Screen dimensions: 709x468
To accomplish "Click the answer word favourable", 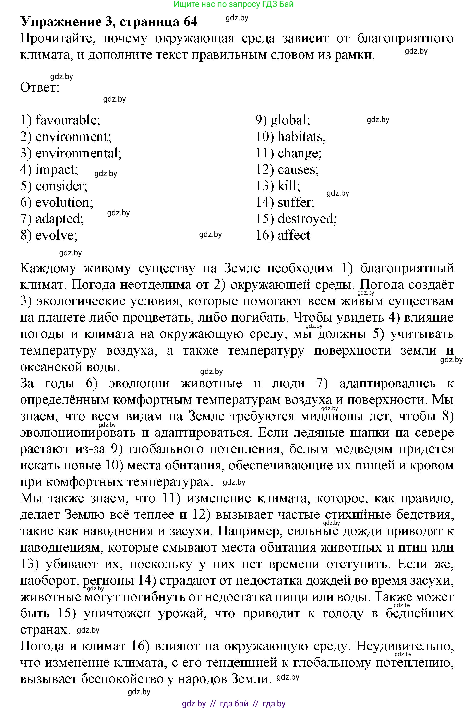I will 67,120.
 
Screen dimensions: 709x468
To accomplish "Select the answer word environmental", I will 78,153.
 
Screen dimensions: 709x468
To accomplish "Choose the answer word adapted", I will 59,219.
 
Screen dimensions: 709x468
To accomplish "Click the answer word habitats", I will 301,137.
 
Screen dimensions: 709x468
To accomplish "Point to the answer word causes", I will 298,169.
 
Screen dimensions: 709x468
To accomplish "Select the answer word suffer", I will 296,202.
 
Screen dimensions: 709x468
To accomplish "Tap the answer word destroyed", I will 307,219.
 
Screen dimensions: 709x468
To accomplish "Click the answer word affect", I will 294,235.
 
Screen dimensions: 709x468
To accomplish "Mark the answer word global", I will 289,120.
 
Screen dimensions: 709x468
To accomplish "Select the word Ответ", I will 39,87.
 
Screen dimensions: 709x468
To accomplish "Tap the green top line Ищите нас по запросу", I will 233,4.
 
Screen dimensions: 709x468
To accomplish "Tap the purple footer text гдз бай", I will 234,704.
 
